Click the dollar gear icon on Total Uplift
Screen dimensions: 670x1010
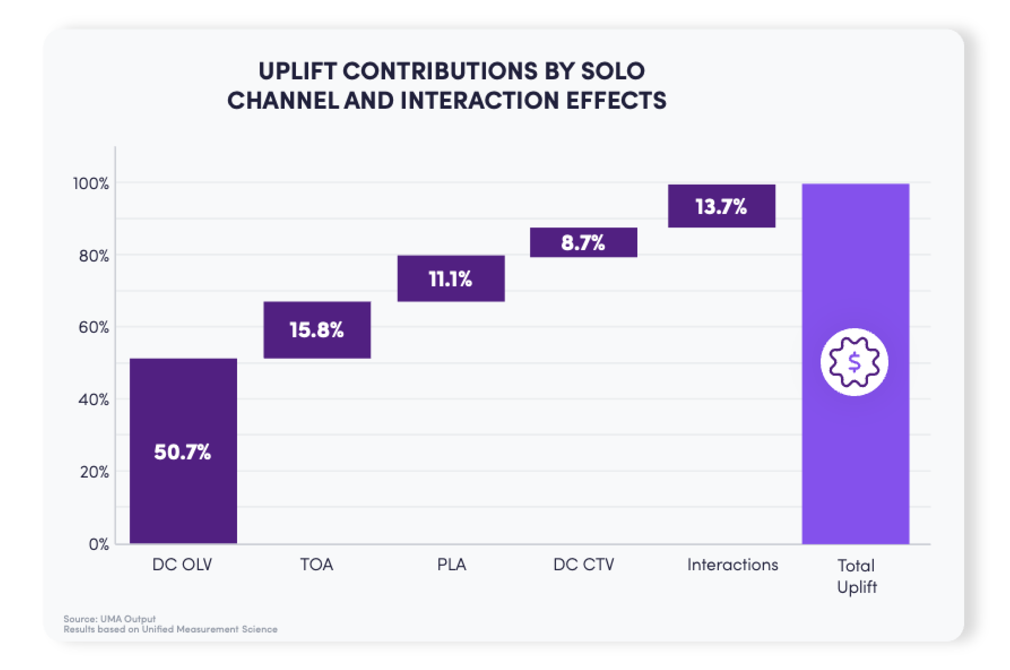[x=854, y=362]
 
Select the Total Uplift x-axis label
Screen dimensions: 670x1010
[x=856, y=576]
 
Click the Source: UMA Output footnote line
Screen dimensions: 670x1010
[x=110, y=618]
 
